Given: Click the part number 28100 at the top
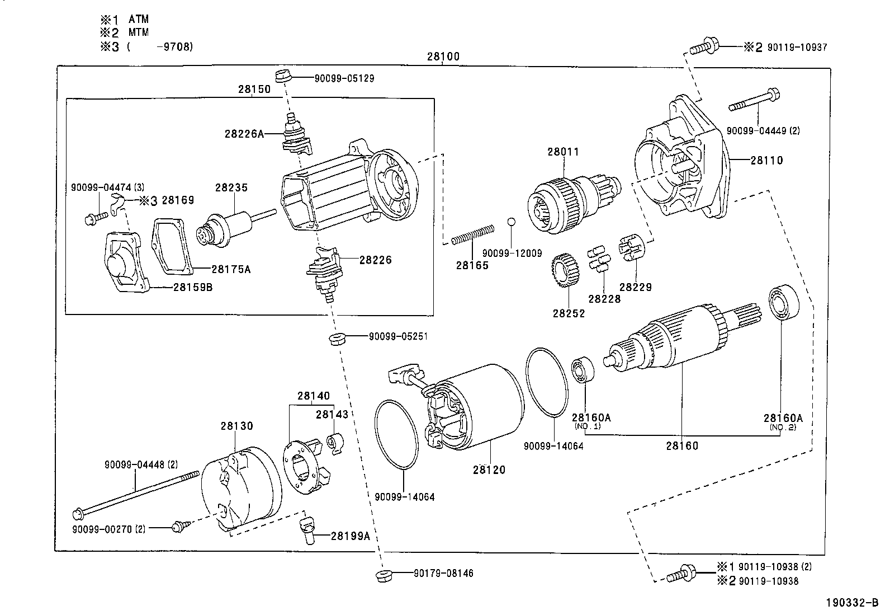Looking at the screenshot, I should pos(443,57).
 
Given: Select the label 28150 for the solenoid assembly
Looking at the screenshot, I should pos(254,89).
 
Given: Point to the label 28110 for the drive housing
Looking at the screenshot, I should pos(766,161).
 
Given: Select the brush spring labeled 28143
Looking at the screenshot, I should pos(335,442).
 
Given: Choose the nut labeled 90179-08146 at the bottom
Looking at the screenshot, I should pos(383,576).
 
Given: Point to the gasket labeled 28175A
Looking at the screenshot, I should pos(174,246).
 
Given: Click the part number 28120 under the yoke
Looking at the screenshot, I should pos(489,470).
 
